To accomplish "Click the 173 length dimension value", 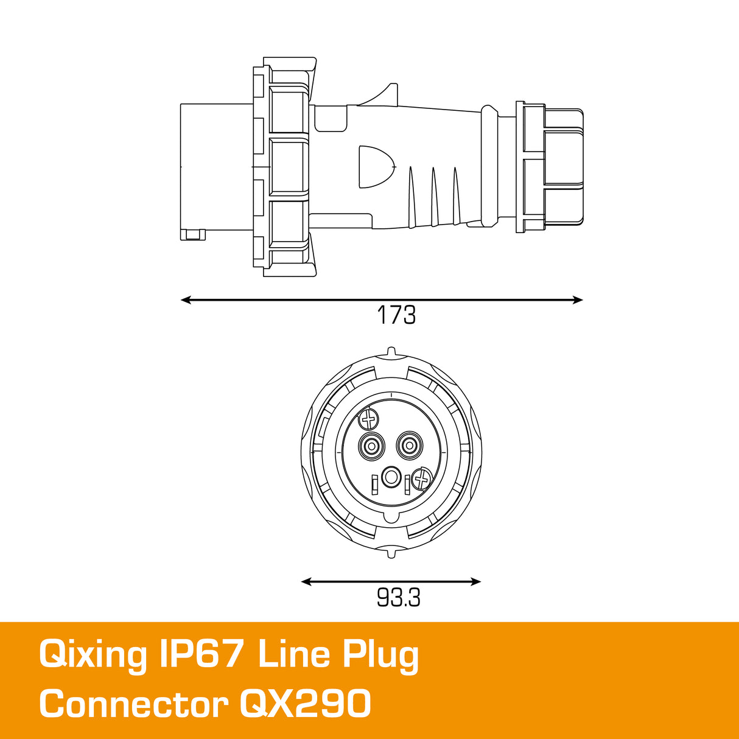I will tap(396, 315).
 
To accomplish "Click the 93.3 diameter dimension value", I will tap(398, 598).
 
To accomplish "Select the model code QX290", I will tap(305, 705).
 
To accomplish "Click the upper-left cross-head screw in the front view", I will tap(369, 419).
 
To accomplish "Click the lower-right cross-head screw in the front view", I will tap(421, 479).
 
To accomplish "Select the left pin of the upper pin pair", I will tap(371, 447).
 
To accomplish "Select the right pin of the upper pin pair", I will tap(409, 447).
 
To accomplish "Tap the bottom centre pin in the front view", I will tap(391, 477).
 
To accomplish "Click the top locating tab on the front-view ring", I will tap(391, 352).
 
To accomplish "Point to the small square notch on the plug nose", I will tap(194, 234).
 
